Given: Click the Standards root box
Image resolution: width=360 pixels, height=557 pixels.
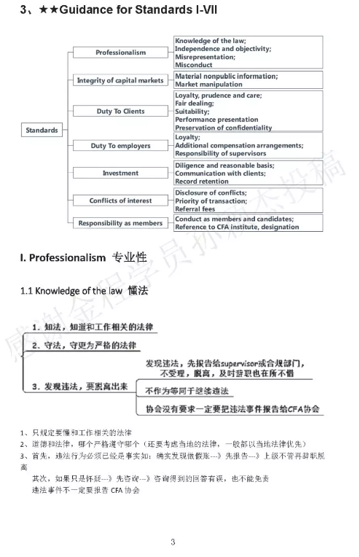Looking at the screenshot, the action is (x=42, y=130).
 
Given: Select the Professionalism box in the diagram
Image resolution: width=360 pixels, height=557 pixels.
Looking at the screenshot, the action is (x=120, y=52).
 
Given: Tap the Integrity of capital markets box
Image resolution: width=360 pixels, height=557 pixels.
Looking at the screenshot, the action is (x=120, y=80).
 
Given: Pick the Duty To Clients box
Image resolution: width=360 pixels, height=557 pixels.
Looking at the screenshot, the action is (x=120, y=112).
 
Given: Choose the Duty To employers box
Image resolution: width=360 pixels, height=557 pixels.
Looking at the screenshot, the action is (x=120, y=146).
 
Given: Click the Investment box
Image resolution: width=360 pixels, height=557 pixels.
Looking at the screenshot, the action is (x=120, y=174).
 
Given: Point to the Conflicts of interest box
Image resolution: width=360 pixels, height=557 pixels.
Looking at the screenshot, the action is (x=120, y=200).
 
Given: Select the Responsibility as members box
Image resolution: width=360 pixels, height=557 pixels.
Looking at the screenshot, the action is (x=120, y=223).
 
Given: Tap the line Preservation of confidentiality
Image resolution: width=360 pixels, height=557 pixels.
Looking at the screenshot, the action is (x=223, y=128).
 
